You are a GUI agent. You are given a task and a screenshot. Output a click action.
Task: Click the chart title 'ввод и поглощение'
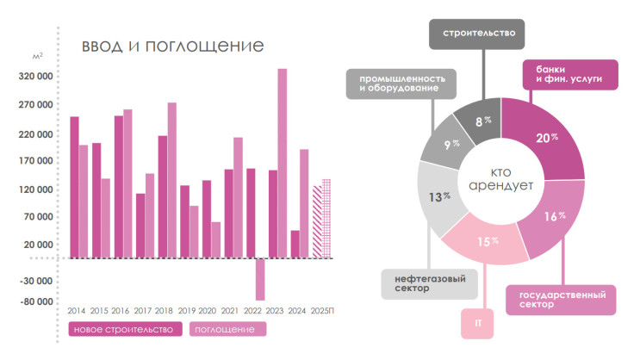coord(172,46)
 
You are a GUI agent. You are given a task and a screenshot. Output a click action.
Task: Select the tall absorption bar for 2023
coord(282,163)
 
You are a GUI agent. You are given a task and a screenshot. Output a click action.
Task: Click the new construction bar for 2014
coord(74,187)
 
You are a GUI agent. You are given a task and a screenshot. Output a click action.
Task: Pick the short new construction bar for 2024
coord(295,244)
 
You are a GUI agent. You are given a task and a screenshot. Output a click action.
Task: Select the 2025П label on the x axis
coord(321,310)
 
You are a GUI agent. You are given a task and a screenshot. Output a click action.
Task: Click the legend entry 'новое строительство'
coord(125,329)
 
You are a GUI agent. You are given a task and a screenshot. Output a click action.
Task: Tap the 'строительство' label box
coord(479,34)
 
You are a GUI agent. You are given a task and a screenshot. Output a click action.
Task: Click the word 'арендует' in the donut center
coord(501,186)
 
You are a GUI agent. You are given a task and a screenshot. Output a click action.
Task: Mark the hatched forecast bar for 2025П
coord(317,221)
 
